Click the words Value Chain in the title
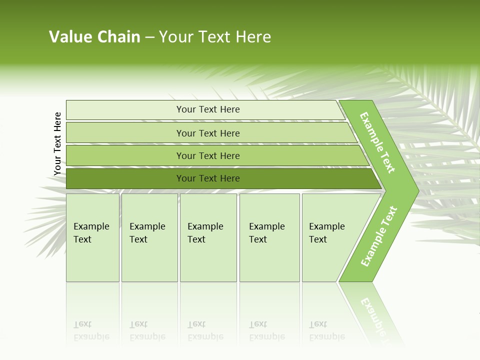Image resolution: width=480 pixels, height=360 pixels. [94, 37]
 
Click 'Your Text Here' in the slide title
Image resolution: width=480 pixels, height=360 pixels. [215, 37]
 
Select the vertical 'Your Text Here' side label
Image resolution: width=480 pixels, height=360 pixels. [57, 144]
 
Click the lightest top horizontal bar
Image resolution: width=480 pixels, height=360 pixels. [125, 110]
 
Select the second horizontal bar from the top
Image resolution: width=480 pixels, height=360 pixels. [125, 133]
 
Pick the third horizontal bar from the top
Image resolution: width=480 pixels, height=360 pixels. [125, 155]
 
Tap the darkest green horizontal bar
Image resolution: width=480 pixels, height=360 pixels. [125, 178]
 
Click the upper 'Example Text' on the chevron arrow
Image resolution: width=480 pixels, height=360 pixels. [377, 142]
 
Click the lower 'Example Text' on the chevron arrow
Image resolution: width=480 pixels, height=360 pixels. [378, 236]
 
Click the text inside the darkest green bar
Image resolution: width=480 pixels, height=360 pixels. [208, 178]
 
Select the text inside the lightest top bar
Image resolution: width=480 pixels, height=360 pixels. [208, 109]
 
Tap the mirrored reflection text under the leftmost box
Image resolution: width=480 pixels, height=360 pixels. [91, 330]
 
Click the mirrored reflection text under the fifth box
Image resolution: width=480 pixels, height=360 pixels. [326, 330]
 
